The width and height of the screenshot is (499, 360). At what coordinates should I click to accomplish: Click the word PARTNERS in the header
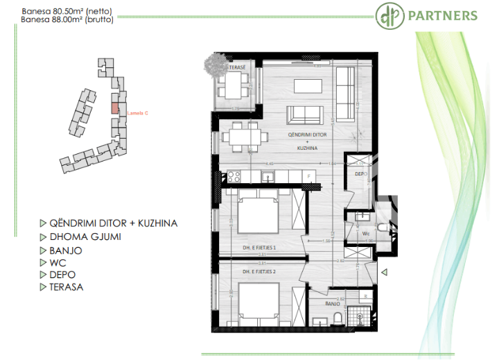click(x=452, y=16)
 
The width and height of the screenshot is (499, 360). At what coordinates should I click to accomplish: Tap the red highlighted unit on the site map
click(x=115, y=108)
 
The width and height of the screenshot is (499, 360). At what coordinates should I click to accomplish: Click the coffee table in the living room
click(x=308, y=85)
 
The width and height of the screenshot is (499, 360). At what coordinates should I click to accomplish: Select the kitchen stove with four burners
click(x=234, y=176)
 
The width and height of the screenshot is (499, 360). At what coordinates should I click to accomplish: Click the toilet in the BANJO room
click(x=338, y=317)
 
